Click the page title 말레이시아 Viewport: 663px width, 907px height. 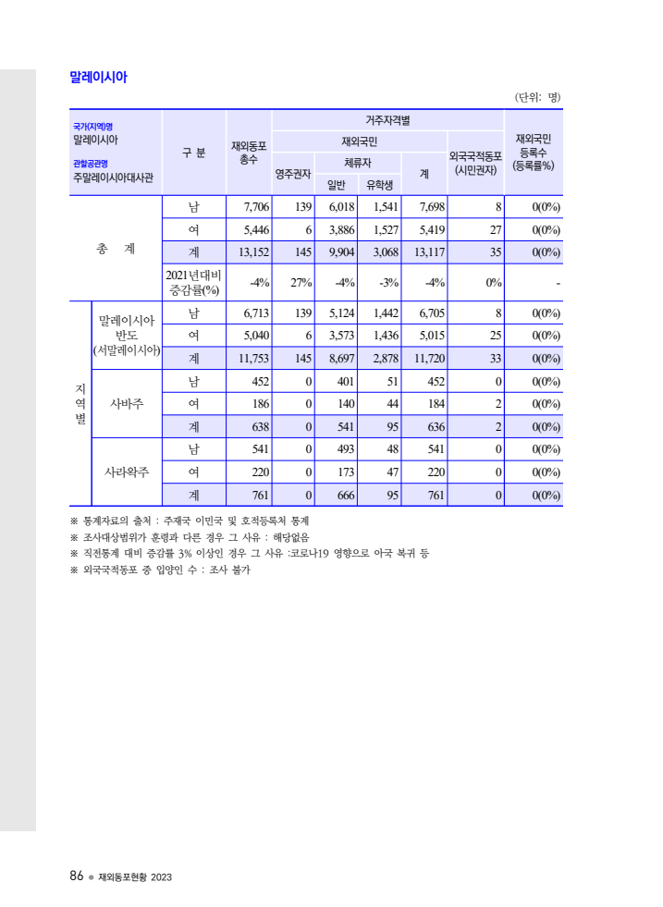98,78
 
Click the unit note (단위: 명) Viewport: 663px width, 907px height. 537,97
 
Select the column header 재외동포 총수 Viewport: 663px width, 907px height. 249,153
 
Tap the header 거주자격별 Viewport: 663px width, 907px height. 387,120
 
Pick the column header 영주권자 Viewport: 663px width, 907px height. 293,173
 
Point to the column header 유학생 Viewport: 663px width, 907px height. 380,184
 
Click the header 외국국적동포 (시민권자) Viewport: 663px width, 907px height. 475,163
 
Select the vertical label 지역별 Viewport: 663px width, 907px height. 80,403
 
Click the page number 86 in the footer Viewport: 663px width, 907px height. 77,876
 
